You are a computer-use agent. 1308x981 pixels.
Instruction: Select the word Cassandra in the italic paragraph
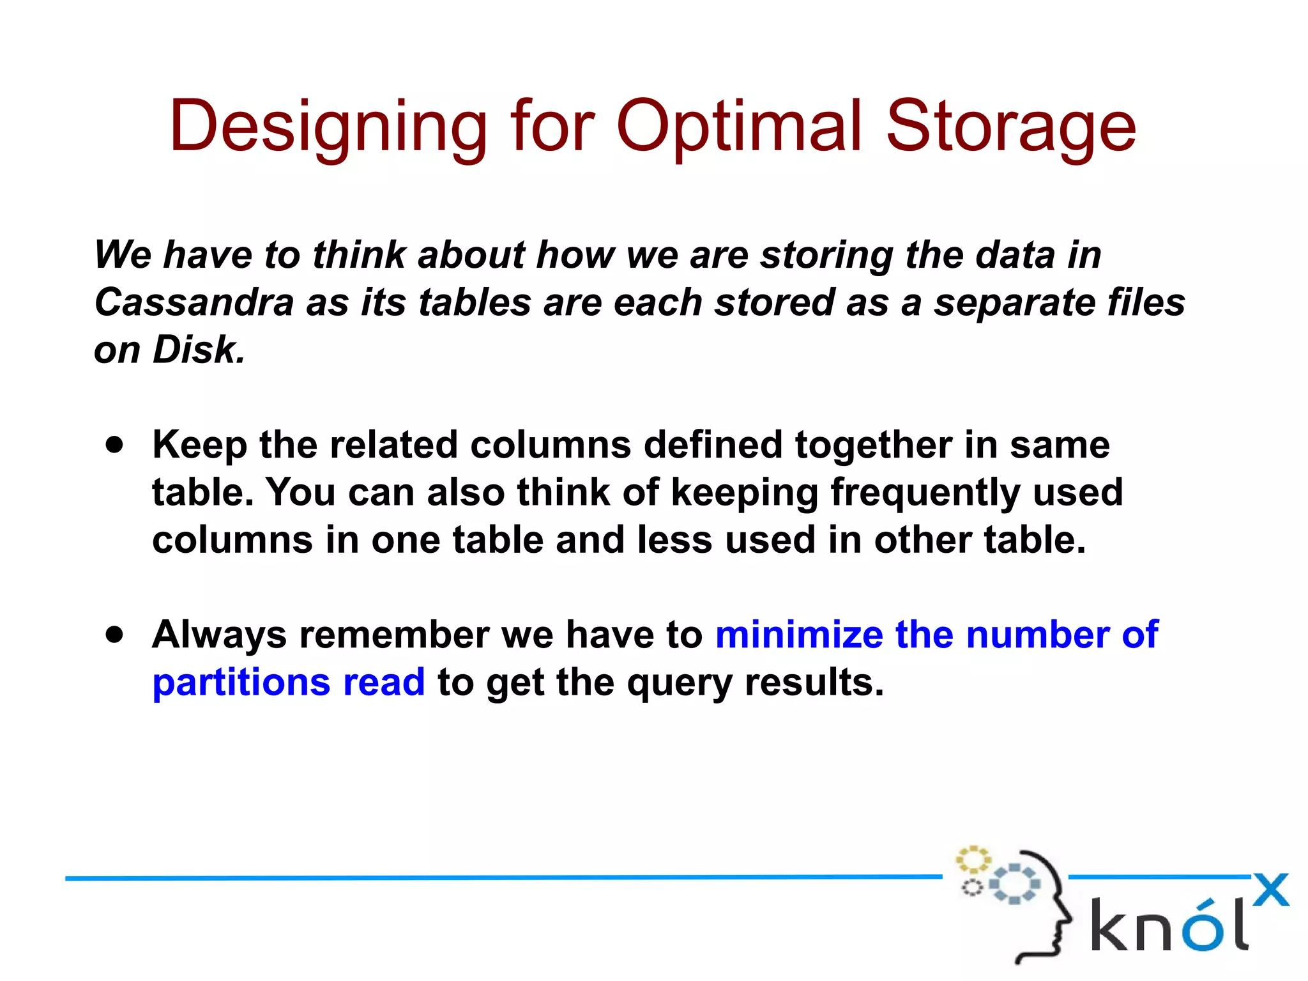194,302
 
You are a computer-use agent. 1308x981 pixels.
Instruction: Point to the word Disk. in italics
199,350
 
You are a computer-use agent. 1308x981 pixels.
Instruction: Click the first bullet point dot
115,445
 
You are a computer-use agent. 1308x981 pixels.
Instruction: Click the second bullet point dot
115,635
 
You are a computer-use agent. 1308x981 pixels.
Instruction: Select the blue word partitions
241,683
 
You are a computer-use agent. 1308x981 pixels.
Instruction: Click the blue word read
384,683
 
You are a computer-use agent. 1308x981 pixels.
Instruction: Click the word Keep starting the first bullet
199,445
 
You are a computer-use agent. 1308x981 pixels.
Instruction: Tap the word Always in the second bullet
219,635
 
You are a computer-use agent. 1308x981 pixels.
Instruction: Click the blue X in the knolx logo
1270,890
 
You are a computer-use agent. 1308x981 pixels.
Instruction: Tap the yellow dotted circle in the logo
972,860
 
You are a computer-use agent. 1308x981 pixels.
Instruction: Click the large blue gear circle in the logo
1014,884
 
